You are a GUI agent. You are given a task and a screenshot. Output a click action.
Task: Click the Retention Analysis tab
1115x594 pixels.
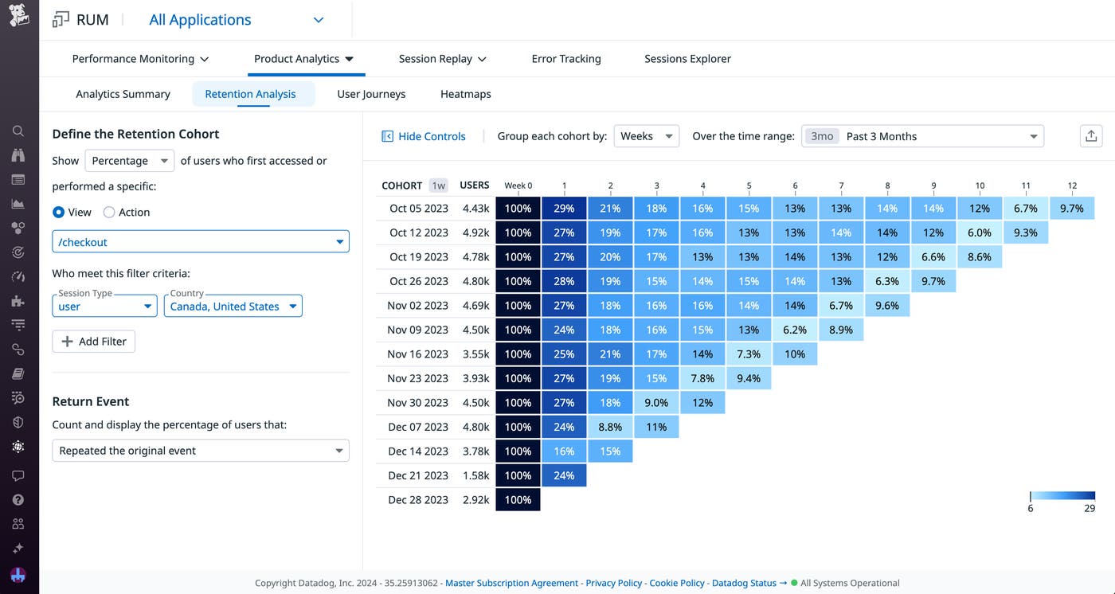250,94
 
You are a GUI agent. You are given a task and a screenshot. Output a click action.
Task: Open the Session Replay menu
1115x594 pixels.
442,59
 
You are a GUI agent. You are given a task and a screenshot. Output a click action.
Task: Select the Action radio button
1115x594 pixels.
110,213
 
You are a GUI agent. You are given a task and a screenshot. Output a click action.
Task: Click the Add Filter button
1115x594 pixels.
94,342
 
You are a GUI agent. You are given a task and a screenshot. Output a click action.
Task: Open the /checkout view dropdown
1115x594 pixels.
200,242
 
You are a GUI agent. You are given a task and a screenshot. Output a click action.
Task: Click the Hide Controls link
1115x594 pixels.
424,136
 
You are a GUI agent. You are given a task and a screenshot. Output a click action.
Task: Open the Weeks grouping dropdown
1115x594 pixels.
646,136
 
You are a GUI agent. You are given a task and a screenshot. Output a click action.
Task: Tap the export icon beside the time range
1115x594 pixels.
1091,136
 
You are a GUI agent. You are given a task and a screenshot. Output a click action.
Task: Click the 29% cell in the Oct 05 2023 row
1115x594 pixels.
564,209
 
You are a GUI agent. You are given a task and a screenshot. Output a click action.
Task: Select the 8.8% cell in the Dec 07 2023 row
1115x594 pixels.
610,427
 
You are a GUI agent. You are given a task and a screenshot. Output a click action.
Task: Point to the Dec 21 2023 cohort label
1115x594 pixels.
418,475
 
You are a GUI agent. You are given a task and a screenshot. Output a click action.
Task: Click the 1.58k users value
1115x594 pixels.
475,475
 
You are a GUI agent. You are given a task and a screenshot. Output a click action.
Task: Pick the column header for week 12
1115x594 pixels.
1072,186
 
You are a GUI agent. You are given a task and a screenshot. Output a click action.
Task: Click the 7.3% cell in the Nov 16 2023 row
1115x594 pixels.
749,354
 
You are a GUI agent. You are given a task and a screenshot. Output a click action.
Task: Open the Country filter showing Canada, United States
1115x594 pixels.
233,307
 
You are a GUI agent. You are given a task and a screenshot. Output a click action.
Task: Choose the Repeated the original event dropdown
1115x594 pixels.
200,451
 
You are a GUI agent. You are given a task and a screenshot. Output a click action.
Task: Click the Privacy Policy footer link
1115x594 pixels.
613,583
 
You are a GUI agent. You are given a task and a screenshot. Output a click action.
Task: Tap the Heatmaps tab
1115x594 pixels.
465,94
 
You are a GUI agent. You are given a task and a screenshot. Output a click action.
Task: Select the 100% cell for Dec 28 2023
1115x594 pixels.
518,500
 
